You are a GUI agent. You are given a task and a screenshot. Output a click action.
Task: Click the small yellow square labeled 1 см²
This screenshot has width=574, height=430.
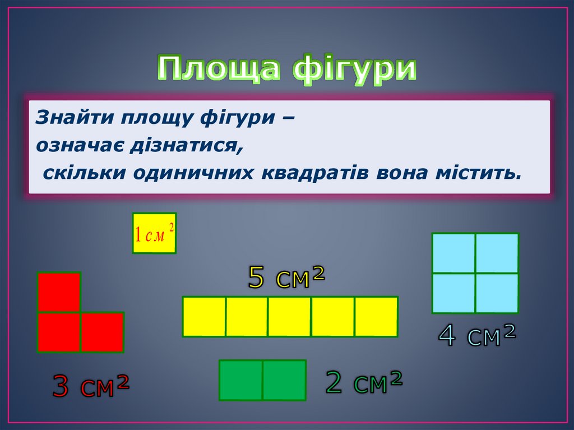coord(154,233)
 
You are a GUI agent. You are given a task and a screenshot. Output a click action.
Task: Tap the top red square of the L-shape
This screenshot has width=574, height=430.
coord(59,292)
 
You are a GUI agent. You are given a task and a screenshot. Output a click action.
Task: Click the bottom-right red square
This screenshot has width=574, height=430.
coord(103,332)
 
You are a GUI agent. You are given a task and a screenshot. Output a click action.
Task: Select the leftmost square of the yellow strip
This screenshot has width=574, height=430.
coord(204,317)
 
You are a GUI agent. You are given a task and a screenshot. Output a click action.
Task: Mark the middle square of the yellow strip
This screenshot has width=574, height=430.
coord(290,317)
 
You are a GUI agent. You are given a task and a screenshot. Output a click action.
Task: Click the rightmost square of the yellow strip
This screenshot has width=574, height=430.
coord(376,317)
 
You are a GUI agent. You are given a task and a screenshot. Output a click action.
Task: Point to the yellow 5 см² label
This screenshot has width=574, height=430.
coord(286,277)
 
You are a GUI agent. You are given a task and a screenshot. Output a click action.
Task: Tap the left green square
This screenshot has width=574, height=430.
coord(240,380)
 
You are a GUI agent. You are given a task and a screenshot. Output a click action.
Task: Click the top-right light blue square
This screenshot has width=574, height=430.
coord(497,253)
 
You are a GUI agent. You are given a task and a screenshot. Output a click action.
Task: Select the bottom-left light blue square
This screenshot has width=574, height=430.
coord(453,293)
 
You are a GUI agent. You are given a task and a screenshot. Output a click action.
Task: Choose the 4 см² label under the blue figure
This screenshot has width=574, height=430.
coord(476,335)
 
